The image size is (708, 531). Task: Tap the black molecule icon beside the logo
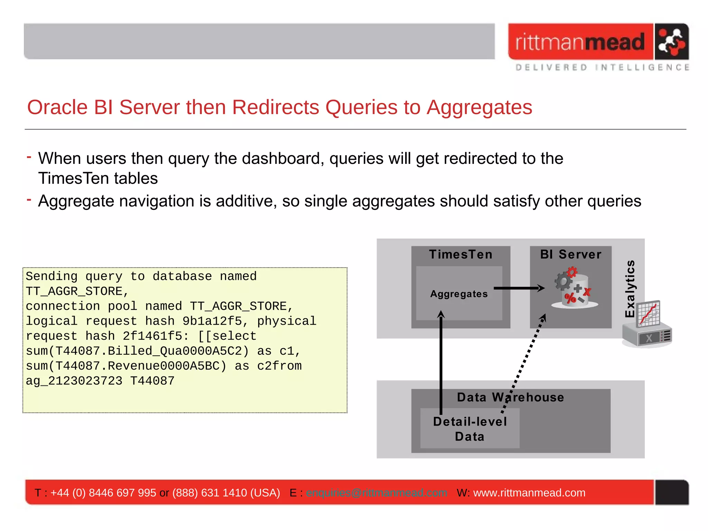coord(671,42)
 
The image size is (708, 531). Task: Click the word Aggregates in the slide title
coord(479,107)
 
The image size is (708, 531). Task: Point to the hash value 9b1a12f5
coord(212,321)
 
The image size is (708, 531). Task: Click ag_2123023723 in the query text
coord(74,381)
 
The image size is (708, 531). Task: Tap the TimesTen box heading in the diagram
coord(460,254)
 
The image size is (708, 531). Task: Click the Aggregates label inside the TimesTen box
coord(459,294)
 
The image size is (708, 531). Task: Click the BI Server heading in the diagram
coord(571,254)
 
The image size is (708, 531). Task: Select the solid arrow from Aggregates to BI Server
coord(519,288)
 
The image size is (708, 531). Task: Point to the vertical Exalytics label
coord(630,289)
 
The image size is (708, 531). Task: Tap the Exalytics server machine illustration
coord(647,325)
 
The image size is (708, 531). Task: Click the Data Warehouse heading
coord(510,398)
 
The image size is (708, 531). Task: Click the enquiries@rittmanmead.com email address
coord(376,493)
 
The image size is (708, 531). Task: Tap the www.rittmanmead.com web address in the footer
coord(529,493)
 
